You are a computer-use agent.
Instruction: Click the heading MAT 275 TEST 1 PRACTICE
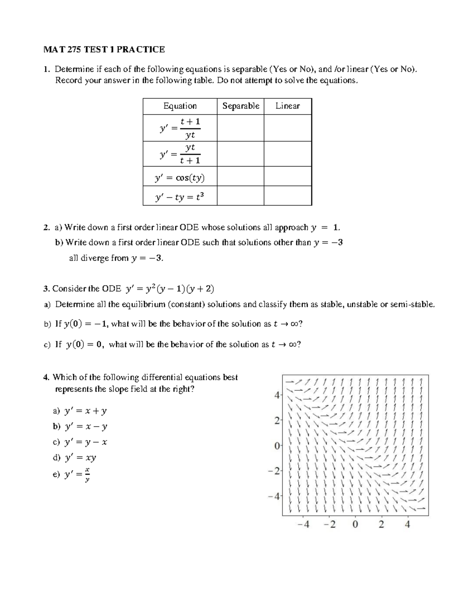pos(104,49)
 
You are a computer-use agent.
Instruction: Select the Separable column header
pos(241,106)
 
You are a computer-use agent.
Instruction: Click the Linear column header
pos(288,106)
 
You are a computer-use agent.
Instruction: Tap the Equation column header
pos(180,106)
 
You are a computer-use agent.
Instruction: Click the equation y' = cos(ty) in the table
pos(180,178)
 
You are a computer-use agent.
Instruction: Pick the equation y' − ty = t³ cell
pos(180,197)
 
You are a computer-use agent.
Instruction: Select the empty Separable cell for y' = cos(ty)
pos(241,176)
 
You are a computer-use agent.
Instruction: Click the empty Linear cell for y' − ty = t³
pos(288,196)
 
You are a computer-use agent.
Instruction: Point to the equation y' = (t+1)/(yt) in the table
pos(180,128)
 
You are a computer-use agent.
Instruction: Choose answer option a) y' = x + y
pos(80,411)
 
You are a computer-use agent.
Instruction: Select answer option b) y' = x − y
pos(80,426)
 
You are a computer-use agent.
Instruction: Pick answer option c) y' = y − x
pos(80,442)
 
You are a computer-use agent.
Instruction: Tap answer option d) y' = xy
pos(75,457)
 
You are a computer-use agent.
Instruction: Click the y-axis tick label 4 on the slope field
pos(277,394)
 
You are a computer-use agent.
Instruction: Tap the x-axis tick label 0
pos(355,525)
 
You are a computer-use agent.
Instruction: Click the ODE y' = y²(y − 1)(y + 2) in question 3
pos(170,289)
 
